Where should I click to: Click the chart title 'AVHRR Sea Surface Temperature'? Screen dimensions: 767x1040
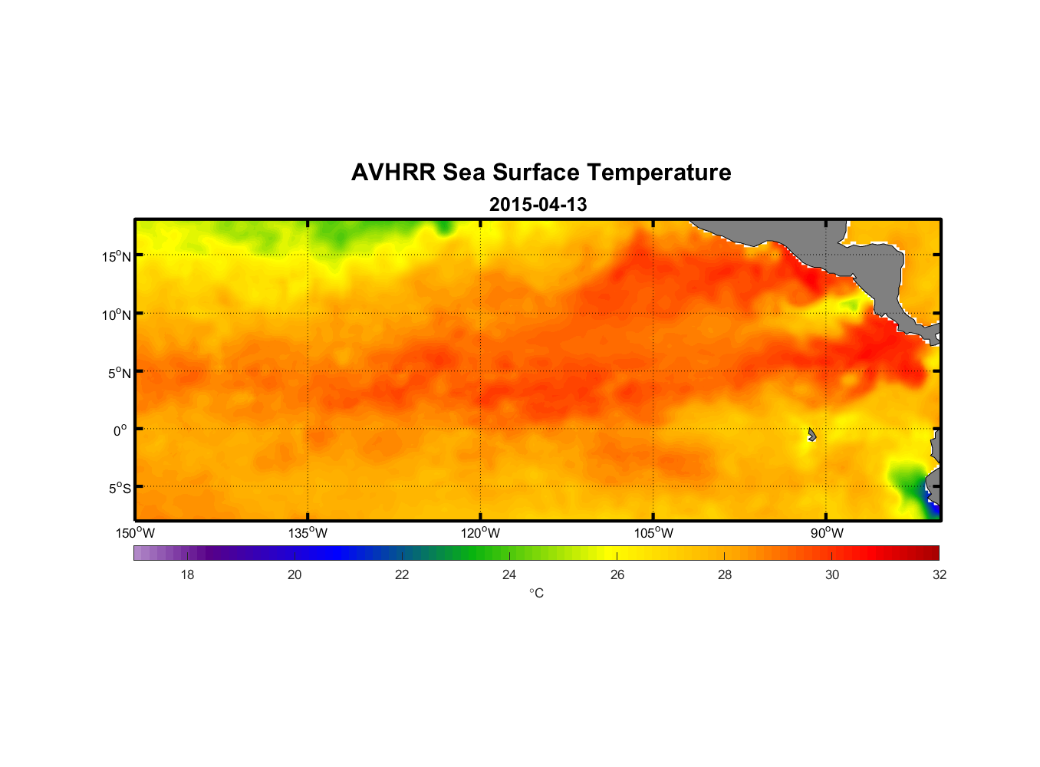tap(541, 173)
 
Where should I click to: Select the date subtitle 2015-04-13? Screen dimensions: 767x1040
tap(538, 205)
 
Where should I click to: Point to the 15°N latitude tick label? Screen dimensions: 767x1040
tap(117, 256)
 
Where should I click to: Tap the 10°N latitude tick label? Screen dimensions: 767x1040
tap(117, 314)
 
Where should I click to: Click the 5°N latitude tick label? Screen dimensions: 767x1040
tap(119, 373)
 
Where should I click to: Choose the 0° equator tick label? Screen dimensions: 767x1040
tap(120, 430)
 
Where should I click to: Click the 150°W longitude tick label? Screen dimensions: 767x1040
tap(135, 533)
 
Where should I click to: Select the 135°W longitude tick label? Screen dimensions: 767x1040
tap(308, 533)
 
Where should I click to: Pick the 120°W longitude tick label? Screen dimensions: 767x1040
tap(480, 533)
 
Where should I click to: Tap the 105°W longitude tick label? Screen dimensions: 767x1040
tap(653, 533)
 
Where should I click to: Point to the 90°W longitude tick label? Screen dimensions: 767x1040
tap(827, 533)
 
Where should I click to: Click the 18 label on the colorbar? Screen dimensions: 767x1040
tap(187, 574)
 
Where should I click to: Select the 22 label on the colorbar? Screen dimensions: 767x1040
tap(402, 574)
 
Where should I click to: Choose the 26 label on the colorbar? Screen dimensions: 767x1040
tap(617, 574)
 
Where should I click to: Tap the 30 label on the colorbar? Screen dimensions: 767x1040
tap(832, 574)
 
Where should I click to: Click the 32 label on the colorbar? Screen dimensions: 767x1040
tap(940, 574)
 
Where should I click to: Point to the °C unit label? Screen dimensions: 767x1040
tap(536, 593)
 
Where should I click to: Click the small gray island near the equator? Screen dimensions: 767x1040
tap(811, 435)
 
